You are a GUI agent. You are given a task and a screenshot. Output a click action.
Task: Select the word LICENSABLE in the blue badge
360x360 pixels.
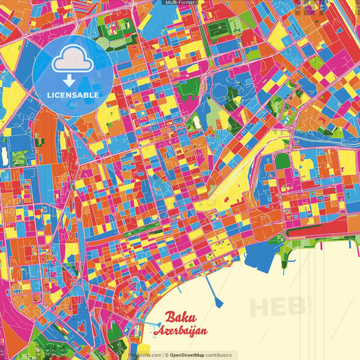pyautogui.click(x=72, y=95)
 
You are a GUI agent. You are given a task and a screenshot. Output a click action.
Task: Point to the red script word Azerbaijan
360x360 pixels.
pyautogui.click(x=180, y=332)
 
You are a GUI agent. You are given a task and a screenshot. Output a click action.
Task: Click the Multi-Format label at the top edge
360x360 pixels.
pyautogui.click(x=180, y=3)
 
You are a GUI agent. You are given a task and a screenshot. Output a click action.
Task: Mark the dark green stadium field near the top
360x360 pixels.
pyautogui.click(x=220, y=31)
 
